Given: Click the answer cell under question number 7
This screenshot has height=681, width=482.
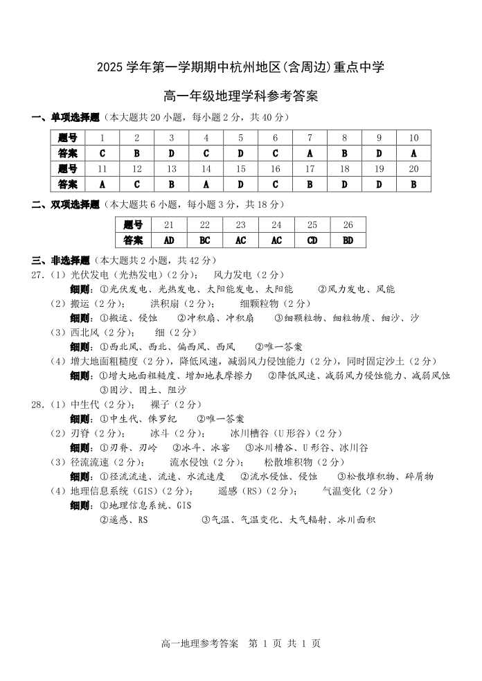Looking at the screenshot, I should click(x=310, y=153).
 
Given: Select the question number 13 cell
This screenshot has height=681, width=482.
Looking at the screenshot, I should click(x=171, y=168).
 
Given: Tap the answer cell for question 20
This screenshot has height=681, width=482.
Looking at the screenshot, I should click(x=413, y=184).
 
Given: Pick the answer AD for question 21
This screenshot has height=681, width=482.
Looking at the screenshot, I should click(x=168, y=240).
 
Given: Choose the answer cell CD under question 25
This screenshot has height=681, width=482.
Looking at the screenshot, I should click(x=312, y=240).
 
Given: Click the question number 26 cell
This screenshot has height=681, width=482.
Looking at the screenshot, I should click(x=348, y=224).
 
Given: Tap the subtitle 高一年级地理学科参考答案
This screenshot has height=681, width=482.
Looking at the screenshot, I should click(x=240, y=96).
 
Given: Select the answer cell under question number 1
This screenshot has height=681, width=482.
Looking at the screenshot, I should click(x=102, y=153).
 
